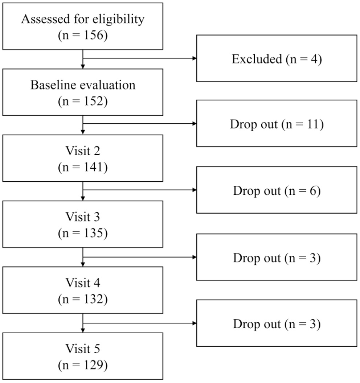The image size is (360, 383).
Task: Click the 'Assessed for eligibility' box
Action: (83, 26)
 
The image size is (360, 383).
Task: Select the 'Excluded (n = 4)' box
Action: (276, 58)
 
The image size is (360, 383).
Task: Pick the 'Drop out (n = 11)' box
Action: (276, 123)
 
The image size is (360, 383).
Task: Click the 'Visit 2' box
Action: (83, 158)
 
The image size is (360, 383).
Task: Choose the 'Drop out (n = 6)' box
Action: (276, 190)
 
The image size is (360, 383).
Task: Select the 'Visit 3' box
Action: (83, 224)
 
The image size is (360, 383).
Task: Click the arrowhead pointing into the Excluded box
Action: (194, 58)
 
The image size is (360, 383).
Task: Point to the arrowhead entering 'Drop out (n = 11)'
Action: (194, 124)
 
